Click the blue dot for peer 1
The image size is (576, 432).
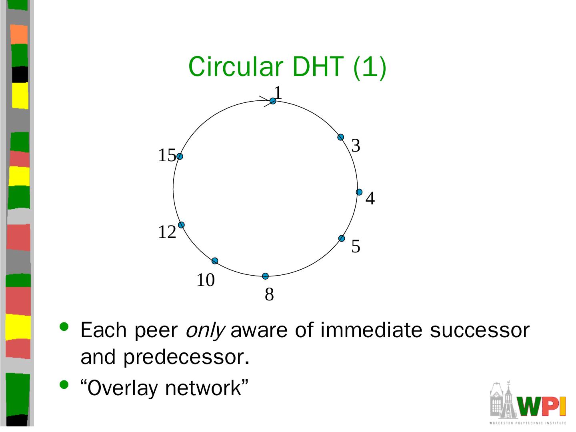pyautogui.click(x=273, y=101)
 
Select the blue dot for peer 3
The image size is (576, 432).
pyautogui.click(x=341, y=137)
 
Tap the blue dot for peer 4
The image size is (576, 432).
pyautogui.click(x=359, y=192)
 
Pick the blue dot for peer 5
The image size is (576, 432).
pyautogui.click(x=342, y=238)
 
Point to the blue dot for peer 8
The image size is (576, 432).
pyautogui.click(x=265, y=276)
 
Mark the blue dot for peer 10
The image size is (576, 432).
pyautogui.click(x=215, y=261)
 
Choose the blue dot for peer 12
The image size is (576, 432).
pyautogui.click(x=181, y=225)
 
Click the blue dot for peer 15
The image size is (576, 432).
pyautogui.click(x=180, y=156)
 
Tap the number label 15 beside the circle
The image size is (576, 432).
pyautogui.click(x=167, y=155)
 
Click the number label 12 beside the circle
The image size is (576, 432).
pyautogui.click(x=167, y=232)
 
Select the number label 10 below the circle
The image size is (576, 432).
pyautogui.click(x=205, y=280)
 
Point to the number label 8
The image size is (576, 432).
pyautogui.click(x=269, y=295)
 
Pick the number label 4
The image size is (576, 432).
pyautogui.click(x=370, y=198)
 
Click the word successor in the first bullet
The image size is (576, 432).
pyautogui.click(x=480, y=330)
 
